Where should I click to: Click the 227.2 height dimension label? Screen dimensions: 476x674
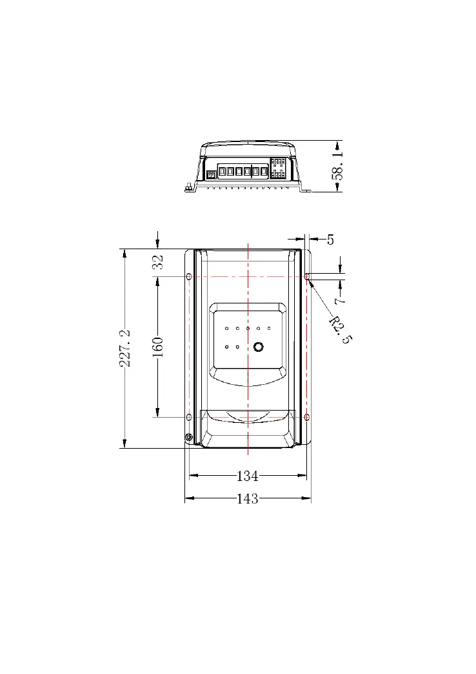pos(125,348)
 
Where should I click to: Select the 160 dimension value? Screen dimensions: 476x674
pos(158,347)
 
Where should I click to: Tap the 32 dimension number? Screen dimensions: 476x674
pos(158,261)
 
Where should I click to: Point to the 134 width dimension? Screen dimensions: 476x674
pos(248,476)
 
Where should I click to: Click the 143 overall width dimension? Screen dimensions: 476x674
pos(248,498)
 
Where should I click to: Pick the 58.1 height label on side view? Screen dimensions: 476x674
pos(338,165)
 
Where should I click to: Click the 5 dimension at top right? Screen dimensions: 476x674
pos(330,240)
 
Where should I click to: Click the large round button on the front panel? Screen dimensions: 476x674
pos(258,347)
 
